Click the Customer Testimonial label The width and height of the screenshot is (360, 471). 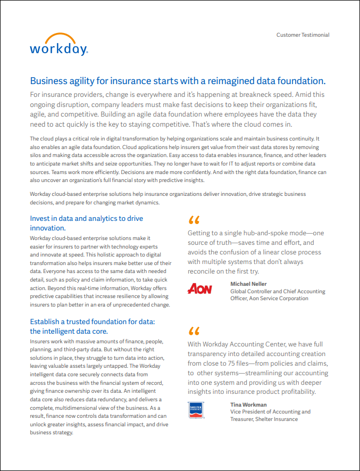click(303, 35)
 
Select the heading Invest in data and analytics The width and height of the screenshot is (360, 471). click(86, 223)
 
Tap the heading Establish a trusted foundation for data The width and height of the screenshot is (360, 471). click(92, 326)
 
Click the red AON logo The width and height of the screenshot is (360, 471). click(200, 289)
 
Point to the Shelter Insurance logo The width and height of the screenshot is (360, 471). click(197, 410)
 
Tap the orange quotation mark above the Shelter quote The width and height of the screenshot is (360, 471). click(194, 331)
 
